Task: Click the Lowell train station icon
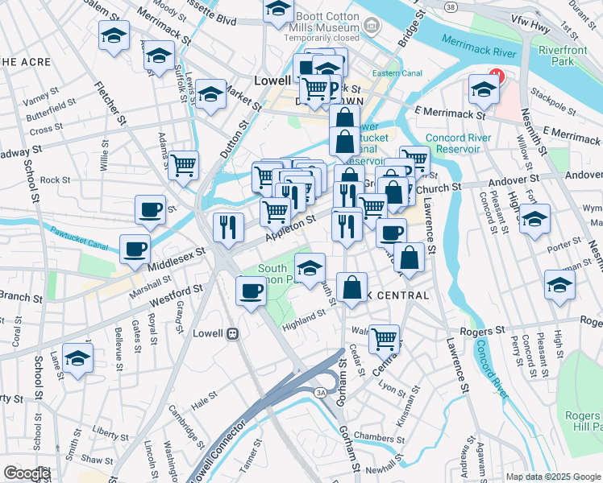tap(233, 332)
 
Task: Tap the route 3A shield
tap(320, 392)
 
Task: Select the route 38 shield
tap(449, 6)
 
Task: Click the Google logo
tap(27, 473)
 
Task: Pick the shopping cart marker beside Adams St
tap(185, 166)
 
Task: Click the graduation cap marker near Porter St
tap(534, 219)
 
